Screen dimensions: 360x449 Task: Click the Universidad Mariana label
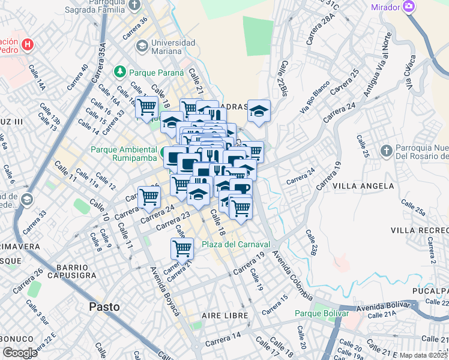pos(173,47)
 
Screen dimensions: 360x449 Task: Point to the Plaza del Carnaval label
pos(236,244)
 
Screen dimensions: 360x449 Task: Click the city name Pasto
pos(104,307)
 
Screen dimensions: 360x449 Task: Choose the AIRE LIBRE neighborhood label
pos(221,316)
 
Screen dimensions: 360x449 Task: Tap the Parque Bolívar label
pos(322,313)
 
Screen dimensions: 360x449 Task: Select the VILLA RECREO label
pos(419,230)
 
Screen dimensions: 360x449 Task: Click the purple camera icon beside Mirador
pos(409,7)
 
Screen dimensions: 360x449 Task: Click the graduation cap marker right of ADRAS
pos(259,111)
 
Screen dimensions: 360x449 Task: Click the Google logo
pos(19,353)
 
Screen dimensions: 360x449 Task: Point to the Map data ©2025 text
pos(424,355)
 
